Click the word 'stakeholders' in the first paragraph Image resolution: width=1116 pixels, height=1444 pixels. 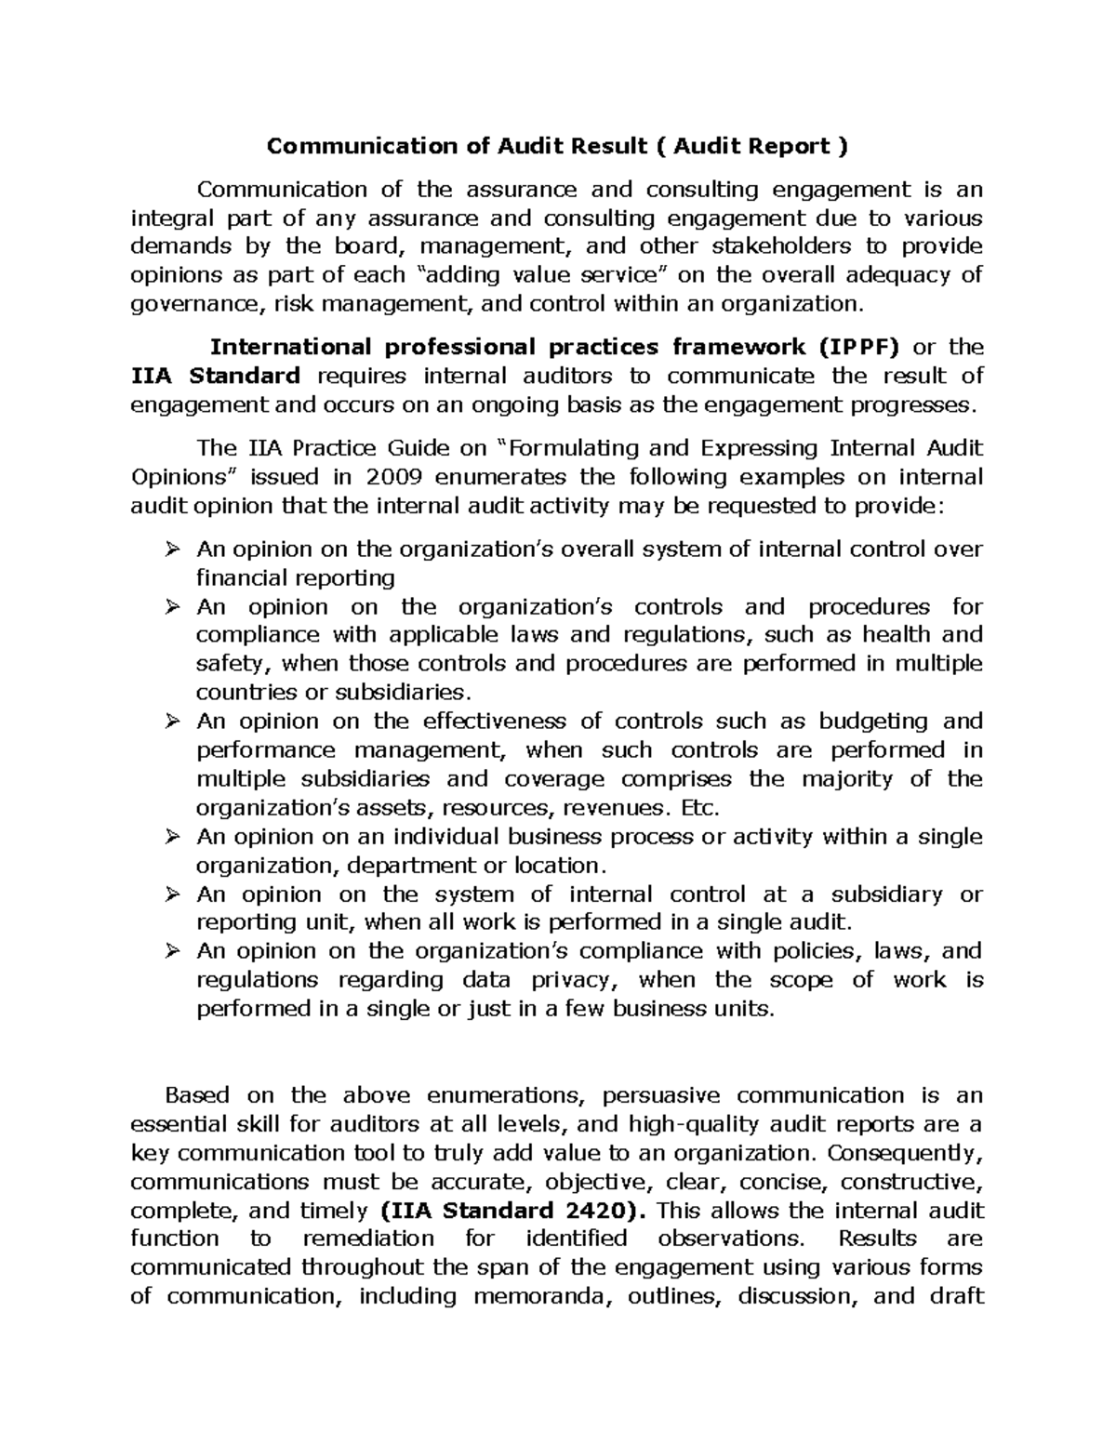tap(780, 246)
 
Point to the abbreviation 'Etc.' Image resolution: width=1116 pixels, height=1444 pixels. tap(700, 807)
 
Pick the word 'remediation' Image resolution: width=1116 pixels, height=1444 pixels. tap(368, 1239)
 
